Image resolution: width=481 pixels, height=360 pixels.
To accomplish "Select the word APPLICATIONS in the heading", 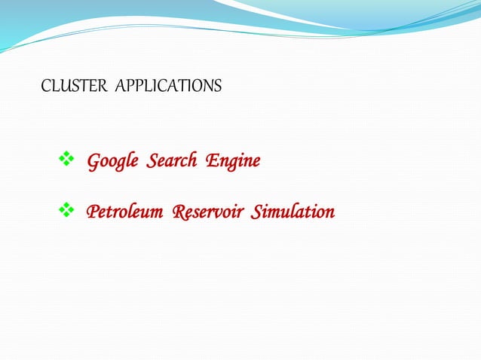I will [x=170, y=87].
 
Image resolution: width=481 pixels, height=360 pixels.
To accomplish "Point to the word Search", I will [x=172, y=161].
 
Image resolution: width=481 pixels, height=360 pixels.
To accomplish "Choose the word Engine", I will [x=233, y=161].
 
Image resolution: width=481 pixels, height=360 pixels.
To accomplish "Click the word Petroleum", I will [x=124, y=212].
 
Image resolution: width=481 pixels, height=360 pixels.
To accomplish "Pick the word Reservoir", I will [x=208, y=212].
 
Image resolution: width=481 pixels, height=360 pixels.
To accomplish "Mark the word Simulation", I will [x=293, y=212].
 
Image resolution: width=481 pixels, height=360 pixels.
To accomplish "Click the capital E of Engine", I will [x=210, y=160].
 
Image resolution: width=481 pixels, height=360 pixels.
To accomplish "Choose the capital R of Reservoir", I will [x=179, y=212].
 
